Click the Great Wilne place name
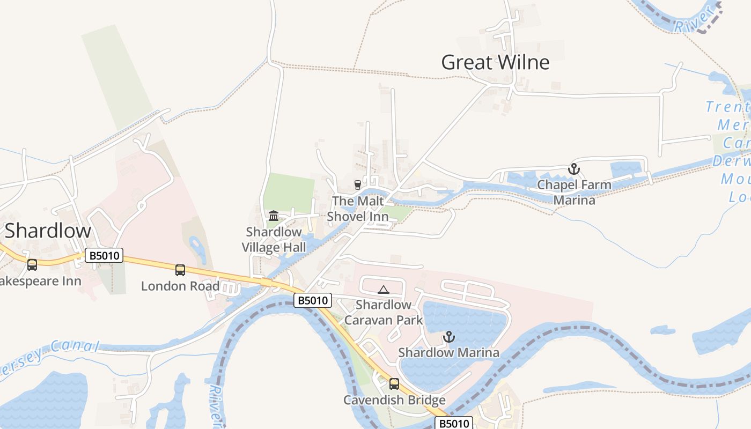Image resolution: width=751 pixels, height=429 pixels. (x=495, y=62)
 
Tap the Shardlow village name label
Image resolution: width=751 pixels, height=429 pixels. (x=48, y=231)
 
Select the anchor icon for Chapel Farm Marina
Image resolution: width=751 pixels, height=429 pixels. (x=574, y=169)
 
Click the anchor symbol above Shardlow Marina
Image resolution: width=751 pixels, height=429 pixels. (x=448, y=337)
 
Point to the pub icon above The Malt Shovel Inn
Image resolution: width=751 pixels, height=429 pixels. (x=358, y=185)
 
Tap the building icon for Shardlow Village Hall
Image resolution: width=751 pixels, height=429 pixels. (x=274, y=216)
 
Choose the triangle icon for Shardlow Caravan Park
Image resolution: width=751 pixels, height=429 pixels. (x=383, y=290)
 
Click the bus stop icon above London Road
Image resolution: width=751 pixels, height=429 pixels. (x=180, y=270)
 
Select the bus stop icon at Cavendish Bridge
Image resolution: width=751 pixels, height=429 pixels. (x=394, y=384)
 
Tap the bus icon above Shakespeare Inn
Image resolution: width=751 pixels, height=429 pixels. (x=32, y=265)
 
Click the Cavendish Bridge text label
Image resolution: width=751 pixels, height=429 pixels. (x=394, y=400)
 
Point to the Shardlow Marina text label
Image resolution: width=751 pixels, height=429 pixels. (x=448, y=352)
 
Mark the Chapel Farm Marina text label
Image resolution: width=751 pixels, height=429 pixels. (x=574, y=193)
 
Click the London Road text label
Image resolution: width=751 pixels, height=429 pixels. (x=180, y=286)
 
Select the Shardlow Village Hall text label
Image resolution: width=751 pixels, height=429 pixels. (x=274, y=239)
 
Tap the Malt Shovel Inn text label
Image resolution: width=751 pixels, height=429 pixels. (x=358, y=208)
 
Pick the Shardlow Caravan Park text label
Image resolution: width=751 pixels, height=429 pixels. (x=383, y=313)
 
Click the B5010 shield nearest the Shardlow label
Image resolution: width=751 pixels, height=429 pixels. (x=104, y=256)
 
